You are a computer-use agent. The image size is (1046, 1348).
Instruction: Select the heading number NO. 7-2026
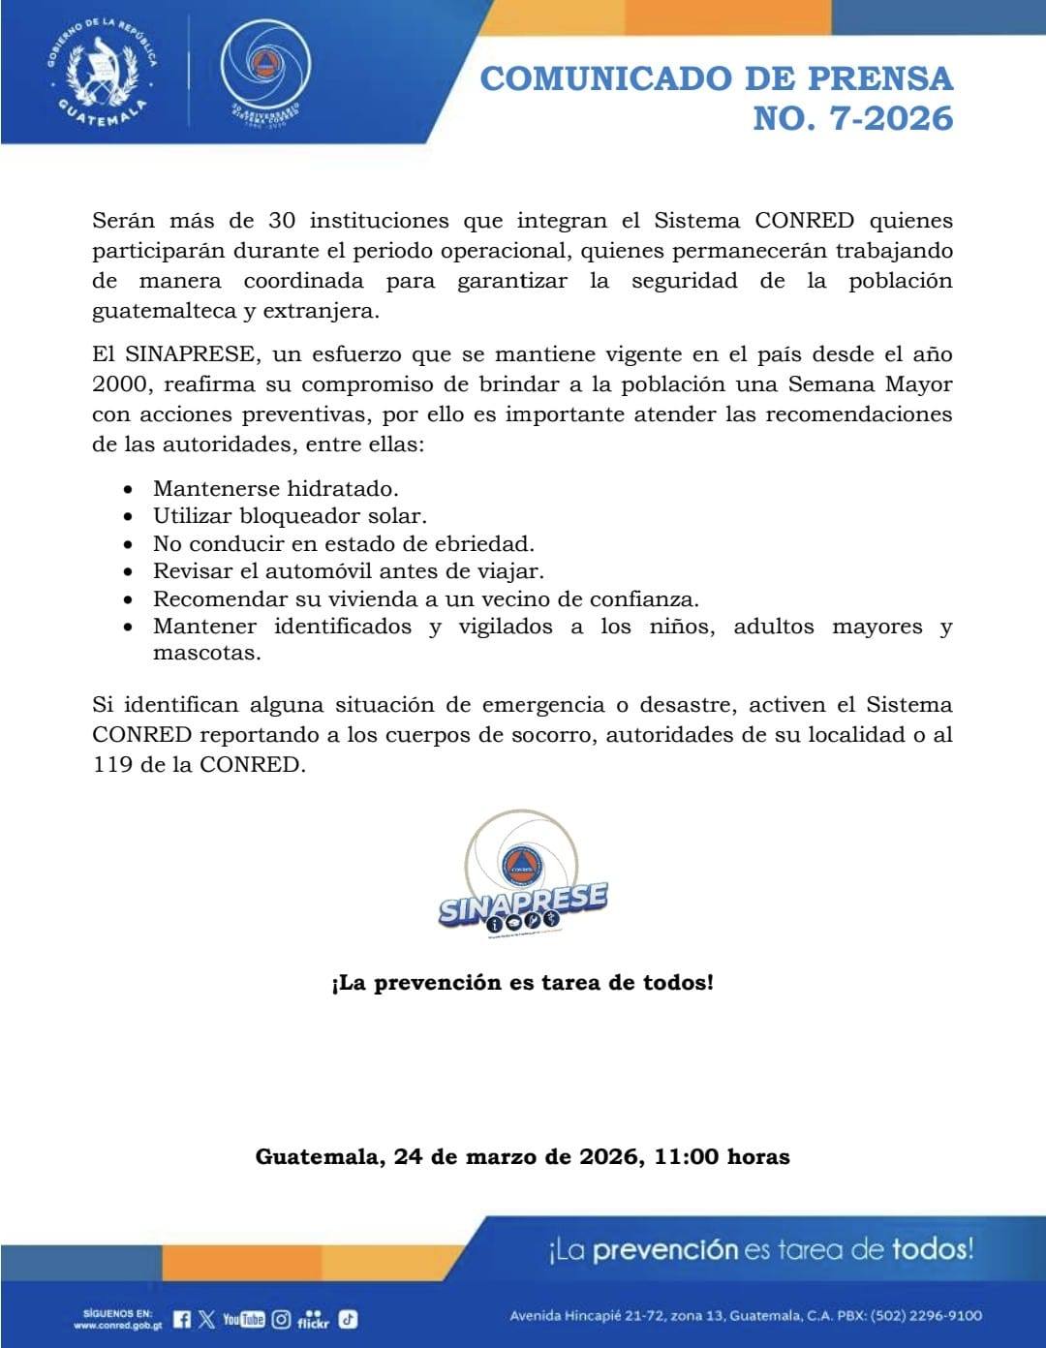click(852, 118)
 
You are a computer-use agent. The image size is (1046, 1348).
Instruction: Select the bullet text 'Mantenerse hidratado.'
click(276, 488)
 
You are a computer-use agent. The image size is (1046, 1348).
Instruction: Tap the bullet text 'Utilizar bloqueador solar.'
click(290, 516)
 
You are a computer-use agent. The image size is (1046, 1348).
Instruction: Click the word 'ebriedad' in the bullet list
click(487, 543)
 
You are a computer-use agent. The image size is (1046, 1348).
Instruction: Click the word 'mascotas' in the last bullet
click(206, 653)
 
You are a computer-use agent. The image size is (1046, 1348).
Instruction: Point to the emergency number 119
click(111, 764)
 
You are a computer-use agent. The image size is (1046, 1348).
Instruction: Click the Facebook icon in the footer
click(182, 1319)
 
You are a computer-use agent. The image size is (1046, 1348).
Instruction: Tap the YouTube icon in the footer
click(243, 1319)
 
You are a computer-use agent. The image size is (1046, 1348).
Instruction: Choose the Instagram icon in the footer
click(281, 1319)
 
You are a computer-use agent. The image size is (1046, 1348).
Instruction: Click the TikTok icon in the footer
click(348, 1319)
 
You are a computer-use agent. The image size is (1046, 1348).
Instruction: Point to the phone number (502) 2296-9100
click(926, 1315)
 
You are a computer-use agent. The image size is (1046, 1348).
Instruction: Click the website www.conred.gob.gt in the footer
click(117, 1325)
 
